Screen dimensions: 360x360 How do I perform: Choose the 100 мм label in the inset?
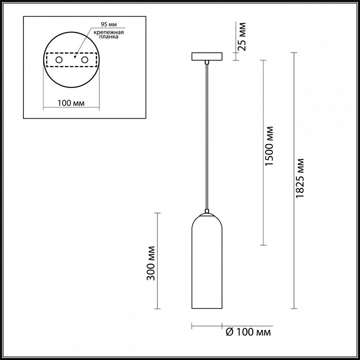pyautogui.click(x=70, y=103)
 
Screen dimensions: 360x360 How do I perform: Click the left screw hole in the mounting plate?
pyautogui.click(x=59, y=60)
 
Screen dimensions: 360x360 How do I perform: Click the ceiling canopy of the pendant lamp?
pyautogui.click(x=206, y=56)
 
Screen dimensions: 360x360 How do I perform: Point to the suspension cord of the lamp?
pyautogui.click(x=207, y=135)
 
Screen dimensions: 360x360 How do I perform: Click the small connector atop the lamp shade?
pyautogui.click(x=207, y=210)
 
